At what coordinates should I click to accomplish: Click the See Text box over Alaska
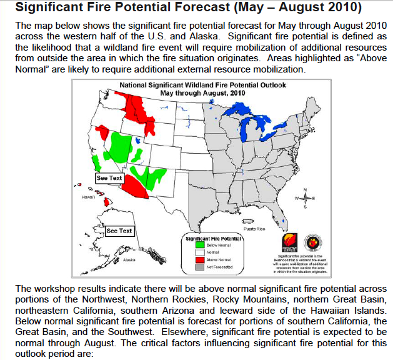(x=119, y=231)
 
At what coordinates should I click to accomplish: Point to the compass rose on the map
(x=304, y=200)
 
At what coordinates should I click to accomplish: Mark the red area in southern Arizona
(x=134, y=187)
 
